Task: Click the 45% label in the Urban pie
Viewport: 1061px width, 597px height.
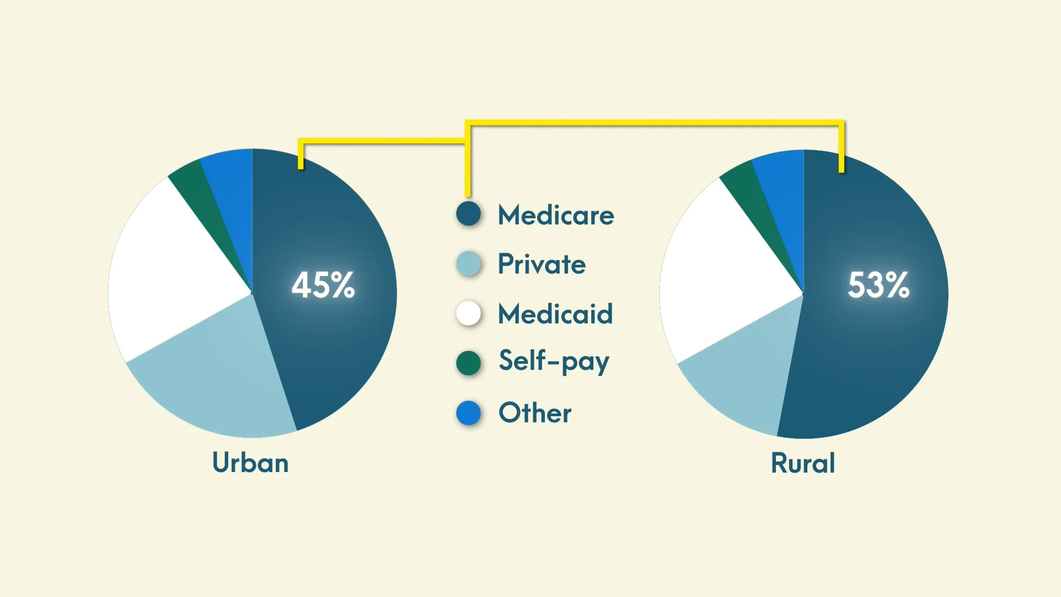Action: pos(323,285)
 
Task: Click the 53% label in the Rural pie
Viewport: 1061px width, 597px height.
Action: pos(879,285)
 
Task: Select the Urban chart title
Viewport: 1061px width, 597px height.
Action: pos(250,462)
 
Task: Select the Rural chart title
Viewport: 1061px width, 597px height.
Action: pos(803,463)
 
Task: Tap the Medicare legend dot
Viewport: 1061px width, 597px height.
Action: pos(469,214)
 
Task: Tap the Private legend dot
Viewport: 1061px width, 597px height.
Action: pos(469,264)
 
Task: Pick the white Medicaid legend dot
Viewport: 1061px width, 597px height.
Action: pos(469,313)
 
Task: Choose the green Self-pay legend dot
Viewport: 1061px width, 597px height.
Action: pos(469,363)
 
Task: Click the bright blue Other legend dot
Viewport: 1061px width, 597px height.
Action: pos(469,413)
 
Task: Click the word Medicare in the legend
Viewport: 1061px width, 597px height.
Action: pos(556,214)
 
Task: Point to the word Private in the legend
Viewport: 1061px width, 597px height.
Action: pos(542,264)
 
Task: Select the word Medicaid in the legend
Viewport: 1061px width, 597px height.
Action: pos(555,313)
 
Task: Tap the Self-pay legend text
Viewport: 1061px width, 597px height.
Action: pos(554,362)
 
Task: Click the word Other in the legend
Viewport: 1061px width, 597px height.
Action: pos(535,413)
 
